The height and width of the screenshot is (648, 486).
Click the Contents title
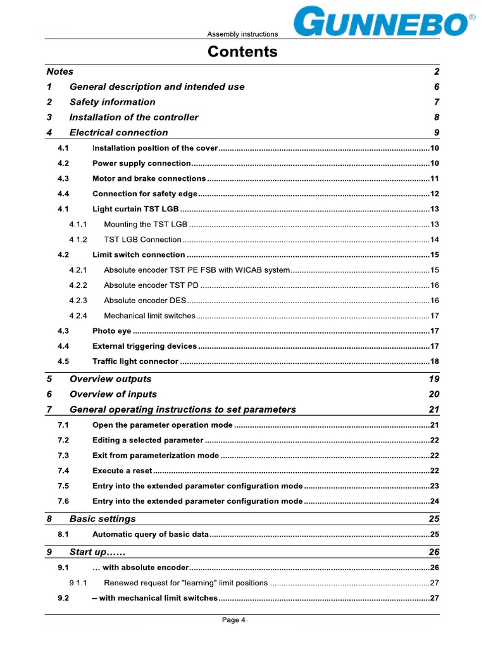pyautogui.click(x=242, y=52)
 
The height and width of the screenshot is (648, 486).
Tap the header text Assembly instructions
pyautogui.click(x=242, y=34)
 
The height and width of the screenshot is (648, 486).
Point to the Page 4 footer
pyautogui.click(x=234, y=620)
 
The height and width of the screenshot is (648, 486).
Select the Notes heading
pyautogui.click(x=60, y=72)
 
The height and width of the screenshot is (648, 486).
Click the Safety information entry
pyautogui.click(x=112, y=102)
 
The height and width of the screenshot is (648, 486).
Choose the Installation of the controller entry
pyautogui.click(x=134, y=117)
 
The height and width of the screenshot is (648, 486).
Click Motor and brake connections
pyautogui.click(x=149, y=178)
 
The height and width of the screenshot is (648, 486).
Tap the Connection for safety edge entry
pyautogui.click(x=145, y=194)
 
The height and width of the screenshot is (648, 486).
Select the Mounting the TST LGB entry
pyautogui.click(x=146, y=224)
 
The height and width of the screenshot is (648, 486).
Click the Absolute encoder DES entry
pyautogui.click(x=145, y=301)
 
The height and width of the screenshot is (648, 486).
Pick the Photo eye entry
pyautogui.click(x=112, y=331)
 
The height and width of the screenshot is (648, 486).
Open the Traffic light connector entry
pyautogui.click(x=135, y=361)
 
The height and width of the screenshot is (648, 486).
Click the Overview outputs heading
pyautogui.click(x=110, y=379)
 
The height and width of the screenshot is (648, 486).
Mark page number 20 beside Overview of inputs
pyautogui.click(x=433, y=394)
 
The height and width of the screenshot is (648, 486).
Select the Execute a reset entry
pyautogui.click(x=122, y=471)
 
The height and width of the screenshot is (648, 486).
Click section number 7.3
pyautogui.click(x=63, y=456)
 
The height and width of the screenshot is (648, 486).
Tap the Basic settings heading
pyautogui.click(x=103, y=519)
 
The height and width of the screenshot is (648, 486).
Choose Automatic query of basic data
pyautogui.click(x=151, y=535)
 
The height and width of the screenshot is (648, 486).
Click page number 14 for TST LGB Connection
pyautogui.click(x=435, y=240)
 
